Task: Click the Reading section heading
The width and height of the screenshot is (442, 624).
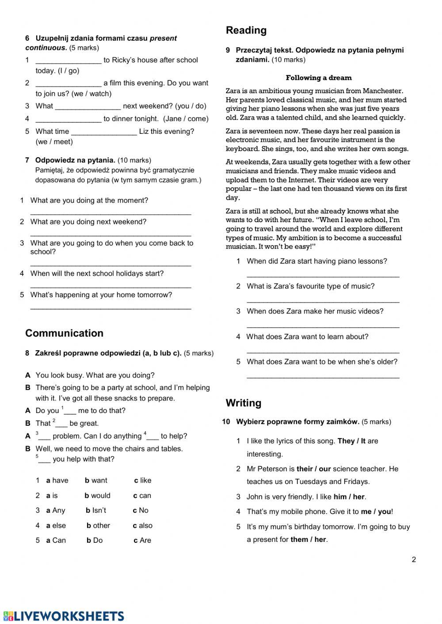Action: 246,30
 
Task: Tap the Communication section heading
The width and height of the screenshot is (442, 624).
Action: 64,333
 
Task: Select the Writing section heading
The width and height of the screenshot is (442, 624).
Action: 244,403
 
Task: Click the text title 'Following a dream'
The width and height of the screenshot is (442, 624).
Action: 319,78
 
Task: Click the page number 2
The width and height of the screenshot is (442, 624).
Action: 414,560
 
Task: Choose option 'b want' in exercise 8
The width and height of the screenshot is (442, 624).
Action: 96,480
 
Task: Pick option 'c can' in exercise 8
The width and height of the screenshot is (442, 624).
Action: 142,495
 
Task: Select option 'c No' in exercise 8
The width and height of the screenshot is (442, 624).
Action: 141,511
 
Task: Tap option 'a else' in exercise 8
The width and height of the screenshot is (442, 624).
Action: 56,526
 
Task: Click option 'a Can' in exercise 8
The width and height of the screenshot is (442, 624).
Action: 56,541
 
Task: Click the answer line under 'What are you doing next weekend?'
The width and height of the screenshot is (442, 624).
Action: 110,235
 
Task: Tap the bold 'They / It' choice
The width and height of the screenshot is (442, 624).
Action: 351,441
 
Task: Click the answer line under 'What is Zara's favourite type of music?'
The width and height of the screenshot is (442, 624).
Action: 323,302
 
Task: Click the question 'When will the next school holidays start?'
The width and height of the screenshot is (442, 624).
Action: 97,274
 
